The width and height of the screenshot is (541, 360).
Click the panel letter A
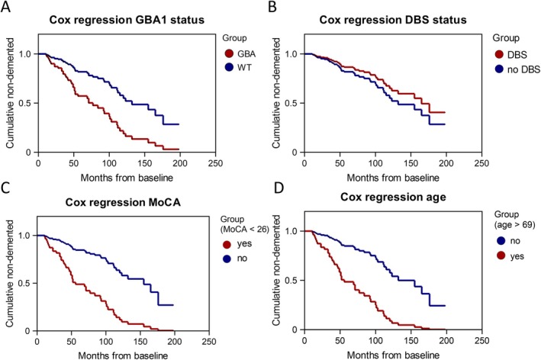(x=6, y=7)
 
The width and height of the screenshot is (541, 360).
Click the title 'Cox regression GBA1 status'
(x=127, y=20)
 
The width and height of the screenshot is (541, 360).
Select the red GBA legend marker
(x=229, y=54)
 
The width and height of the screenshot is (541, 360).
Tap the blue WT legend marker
(x=229, y=67)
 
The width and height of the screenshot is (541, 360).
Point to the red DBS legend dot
(x=499, y=54)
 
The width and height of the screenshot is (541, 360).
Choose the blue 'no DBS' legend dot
(x=499, y=69)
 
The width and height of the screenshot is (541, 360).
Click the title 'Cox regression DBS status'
(x=393, y=20)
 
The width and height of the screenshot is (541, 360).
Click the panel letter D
(x=278, y=188)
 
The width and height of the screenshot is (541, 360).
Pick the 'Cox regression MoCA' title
(x=123, y=202)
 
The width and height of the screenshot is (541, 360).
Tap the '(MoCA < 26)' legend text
(x=245, y=230)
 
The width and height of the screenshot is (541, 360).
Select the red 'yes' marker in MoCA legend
(x=227, y=245)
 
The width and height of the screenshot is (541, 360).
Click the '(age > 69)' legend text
(x=515, y=225)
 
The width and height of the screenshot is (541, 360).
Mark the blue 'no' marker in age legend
(x=501, y=241)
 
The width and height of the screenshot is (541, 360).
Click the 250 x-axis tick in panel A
(x=215, y=163)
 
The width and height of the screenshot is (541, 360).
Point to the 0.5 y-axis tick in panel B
(x=292, y=104)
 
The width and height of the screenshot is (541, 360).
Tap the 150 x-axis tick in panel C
(x=140, y=342)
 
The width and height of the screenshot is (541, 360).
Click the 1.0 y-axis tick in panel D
(x=292, y=231)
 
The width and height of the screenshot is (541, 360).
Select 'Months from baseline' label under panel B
(x=393, y=178)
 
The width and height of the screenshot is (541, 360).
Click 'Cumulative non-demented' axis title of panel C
(x=10, y=273)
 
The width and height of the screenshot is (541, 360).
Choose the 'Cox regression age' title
(x=393, y=197)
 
